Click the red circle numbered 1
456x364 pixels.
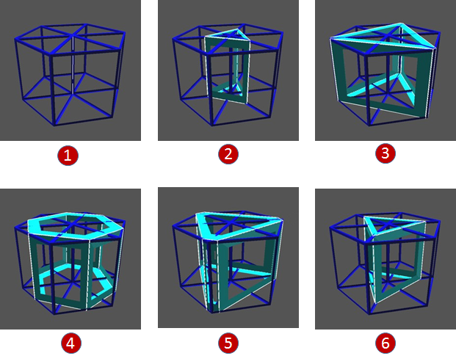(x=68, y=156)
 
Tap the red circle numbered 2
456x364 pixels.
(x=228, y=154)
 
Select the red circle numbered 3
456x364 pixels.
(x=386, y=153)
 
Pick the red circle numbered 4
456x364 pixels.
(x=71, y=343)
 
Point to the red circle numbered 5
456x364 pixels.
(x=228, y=343)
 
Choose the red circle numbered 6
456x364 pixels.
(x=386, y=343)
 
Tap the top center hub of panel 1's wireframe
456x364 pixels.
(x=73, y=35)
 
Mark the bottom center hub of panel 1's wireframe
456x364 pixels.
(x=73, y=93)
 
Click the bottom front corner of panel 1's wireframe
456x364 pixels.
(x=54, y=125)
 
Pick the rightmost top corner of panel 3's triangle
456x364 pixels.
(x=435, y=48)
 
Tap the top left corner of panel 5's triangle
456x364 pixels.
(x=197, y=214)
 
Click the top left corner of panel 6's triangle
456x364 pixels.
(x=365, y=216)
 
